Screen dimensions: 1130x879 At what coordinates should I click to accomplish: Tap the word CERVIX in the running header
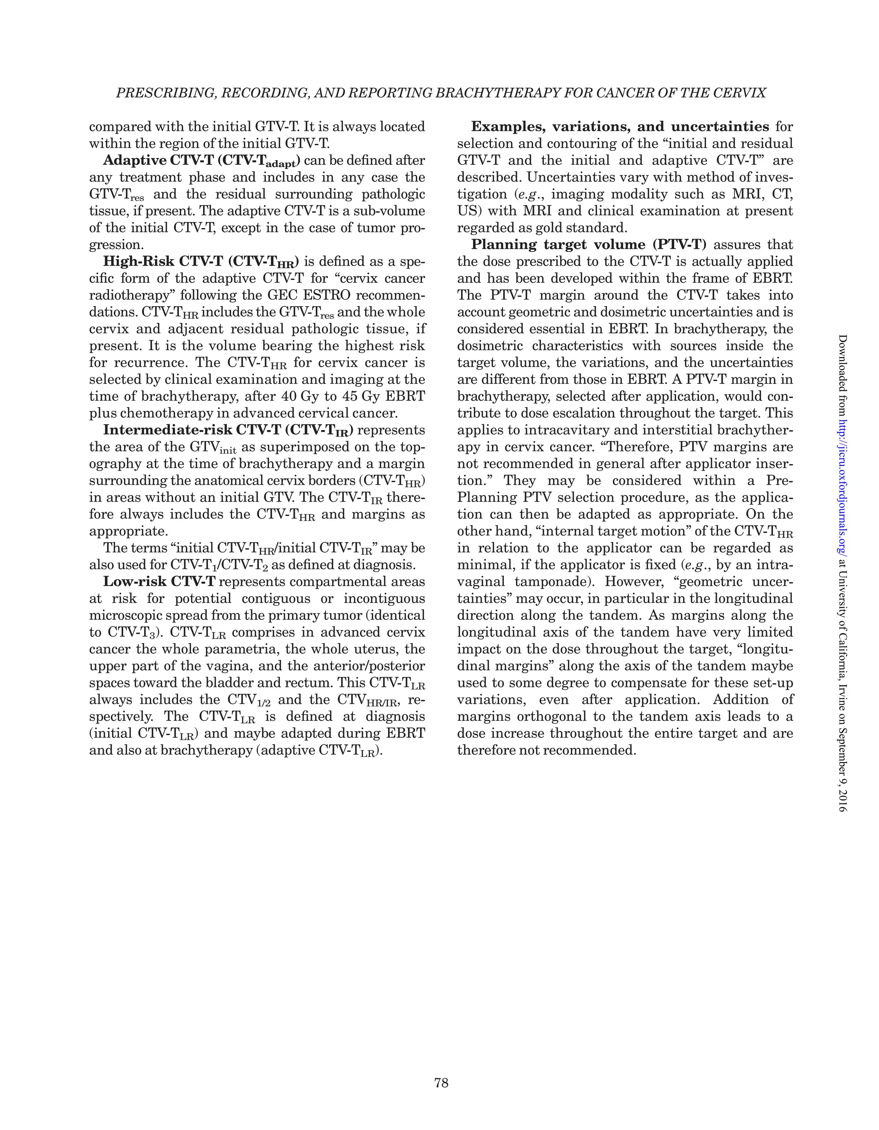(741, 93)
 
